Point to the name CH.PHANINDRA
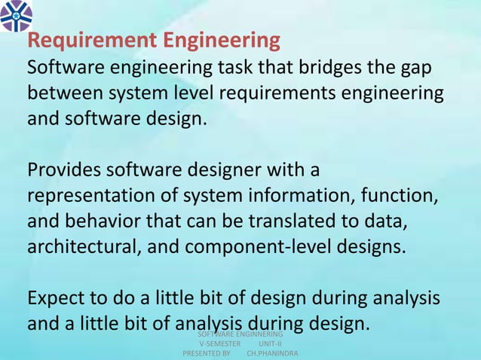(x=272, y=353)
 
